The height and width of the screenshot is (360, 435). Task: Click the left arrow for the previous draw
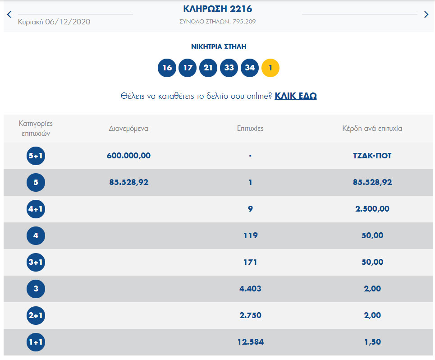(x=9, y=14)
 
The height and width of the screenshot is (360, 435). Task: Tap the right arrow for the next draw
(x=426, y=14)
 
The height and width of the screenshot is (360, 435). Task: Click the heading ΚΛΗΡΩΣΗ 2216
(x=217, y=9)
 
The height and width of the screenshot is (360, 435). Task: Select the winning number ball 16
(x=167, y=68)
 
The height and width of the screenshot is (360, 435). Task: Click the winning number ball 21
(x=208, y=68)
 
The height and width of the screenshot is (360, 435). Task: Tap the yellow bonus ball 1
(x=270, y=68)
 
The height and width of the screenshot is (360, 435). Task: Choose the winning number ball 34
(x=250, y=68)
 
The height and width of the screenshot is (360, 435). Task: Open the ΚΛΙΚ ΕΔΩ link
(x=296, y=96)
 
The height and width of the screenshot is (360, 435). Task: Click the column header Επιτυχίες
(x=250, y=129)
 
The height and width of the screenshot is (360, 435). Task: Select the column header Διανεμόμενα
(x=128, y=129)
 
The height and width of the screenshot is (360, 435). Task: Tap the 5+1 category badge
(x=36, y=156)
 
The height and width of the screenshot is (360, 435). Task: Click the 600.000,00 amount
(x=128, y=156)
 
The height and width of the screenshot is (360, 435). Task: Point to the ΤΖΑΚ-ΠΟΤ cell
(x=372, y=156)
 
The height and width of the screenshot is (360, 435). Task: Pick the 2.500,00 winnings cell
(x=372, y=209)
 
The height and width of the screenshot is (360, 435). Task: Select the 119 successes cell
(x=250, y=235)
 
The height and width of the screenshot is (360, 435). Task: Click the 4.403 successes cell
(x=250, y=289)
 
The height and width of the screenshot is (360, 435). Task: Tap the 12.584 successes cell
(x=250, y=342)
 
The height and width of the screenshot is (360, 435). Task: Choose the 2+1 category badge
(x=36, y=316)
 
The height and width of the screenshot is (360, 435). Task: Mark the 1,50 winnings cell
(x=372, y=342)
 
